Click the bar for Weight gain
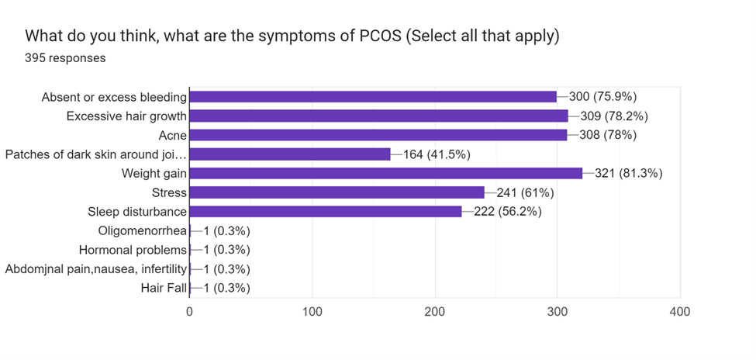click(x=385, y=173)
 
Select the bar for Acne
click(x=378, y=135)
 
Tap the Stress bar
click(x=337, y=192)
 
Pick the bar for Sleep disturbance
click(x=326, y=211)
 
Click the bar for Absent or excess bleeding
click(x=373, y=97)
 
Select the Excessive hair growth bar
click(x=378, y=116)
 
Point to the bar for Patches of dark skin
click(x=290, y=154)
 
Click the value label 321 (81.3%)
click(x=628, y=173)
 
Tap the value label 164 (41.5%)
click(x=437, y=154)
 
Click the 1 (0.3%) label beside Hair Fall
click(x=226, y=288)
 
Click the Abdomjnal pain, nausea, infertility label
click(x=96, y=269)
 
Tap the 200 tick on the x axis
click(x=434, y=311)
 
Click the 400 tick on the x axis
click(x=679, y=311)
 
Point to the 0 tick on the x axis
click(x=190, y=311)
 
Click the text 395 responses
click(x=65, y=57)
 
